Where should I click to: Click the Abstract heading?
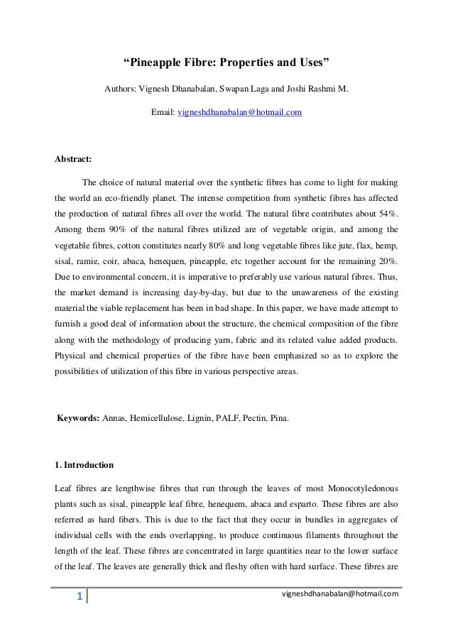73,158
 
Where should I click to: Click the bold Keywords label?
78,400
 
